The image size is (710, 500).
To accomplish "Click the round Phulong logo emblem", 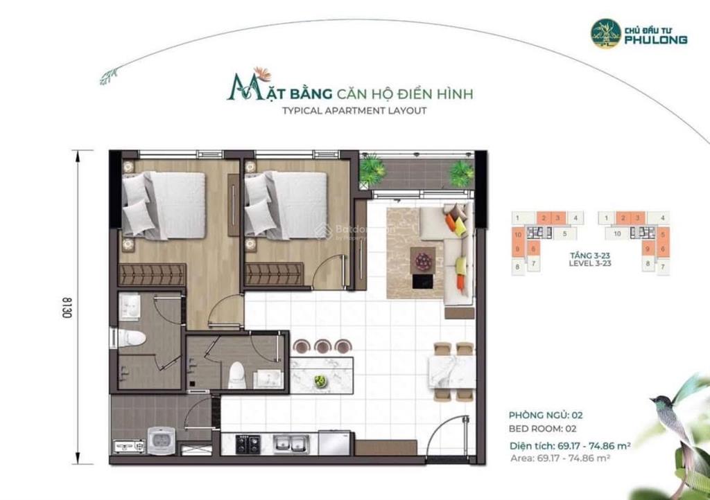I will (605, 33).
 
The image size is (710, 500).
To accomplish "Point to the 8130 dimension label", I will (67, 307).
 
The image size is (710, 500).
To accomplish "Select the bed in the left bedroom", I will (165, 205).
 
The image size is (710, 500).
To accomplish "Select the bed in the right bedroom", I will (286, 204).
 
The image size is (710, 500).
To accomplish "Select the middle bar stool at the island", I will (322, 345).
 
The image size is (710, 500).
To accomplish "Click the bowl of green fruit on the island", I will (320, 380).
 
